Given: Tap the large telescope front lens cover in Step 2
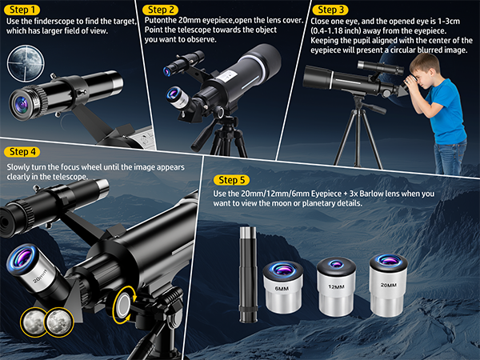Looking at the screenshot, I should pyautogui.click(x=263, y=60).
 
